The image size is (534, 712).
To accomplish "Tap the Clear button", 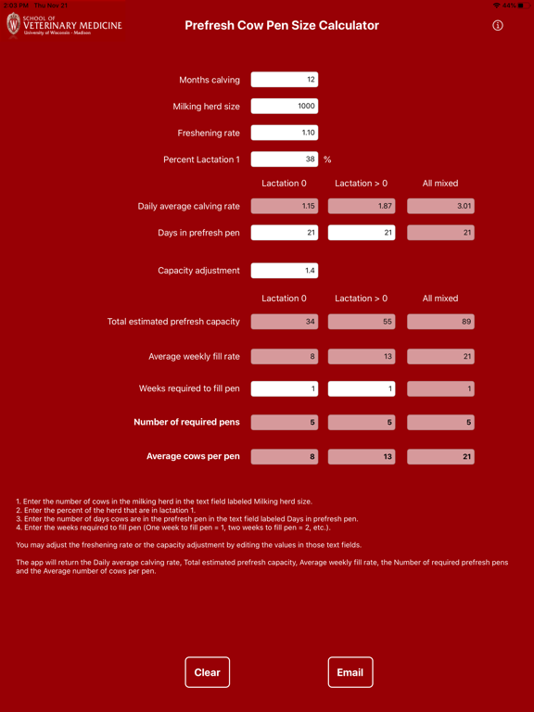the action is [208, 672].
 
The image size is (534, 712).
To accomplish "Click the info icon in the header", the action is [498, 26].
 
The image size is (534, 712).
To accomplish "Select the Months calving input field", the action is [285, 80].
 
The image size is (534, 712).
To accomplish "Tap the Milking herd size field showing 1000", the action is [285, 107].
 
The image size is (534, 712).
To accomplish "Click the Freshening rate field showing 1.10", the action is [285, 133].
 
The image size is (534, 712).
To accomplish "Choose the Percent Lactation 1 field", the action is [285, 159].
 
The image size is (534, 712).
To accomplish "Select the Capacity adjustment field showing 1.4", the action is [285, 271].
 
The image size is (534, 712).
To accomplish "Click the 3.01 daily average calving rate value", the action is [440, 207].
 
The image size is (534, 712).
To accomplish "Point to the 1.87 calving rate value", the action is [362, 207].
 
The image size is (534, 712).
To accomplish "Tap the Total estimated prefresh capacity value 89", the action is [440, 322].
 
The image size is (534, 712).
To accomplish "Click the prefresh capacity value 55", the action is [362, 322].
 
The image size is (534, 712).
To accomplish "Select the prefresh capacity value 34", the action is [285, 322].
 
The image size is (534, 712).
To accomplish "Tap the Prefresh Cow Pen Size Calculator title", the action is [282, 26].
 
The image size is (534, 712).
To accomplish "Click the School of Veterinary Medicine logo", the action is [63, 25].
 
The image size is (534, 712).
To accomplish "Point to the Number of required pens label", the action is [186, 422].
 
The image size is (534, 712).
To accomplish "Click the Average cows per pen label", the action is [193, 456].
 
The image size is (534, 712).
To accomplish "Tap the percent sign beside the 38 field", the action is [327, 159].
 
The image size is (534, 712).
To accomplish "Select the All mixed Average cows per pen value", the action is [440, 457].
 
